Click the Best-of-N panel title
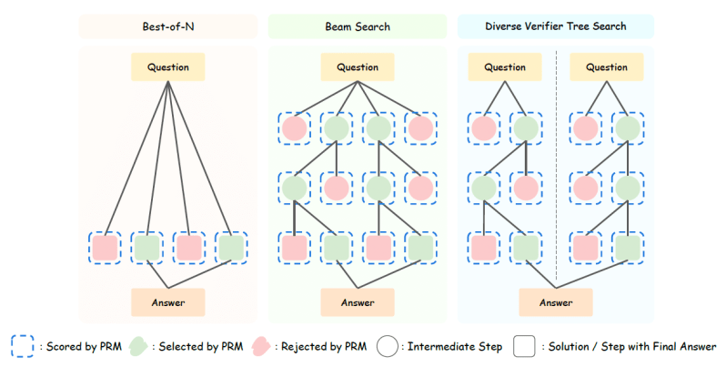167,26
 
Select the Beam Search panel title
357,26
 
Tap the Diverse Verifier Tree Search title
555,26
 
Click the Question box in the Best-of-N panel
167,66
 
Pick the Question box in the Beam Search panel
357,66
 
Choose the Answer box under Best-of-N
167,301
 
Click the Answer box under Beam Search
357,301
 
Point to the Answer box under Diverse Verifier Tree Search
555,301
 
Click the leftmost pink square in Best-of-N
105,248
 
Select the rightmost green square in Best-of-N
231,248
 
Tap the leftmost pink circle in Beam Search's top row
294,128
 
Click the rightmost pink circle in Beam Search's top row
420,128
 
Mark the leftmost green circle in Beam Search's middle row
294,189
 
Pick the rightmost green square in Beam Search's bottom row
420,248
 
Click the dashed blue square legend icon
24,346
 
